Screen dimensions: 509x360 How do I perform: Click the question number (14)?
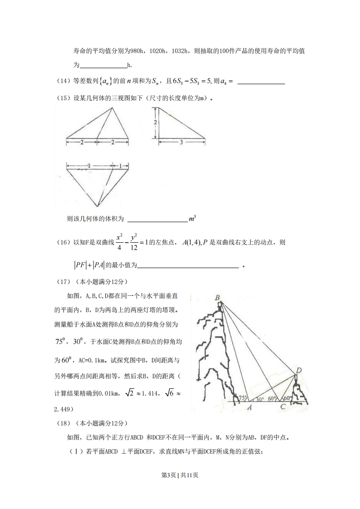(x=63, y=81)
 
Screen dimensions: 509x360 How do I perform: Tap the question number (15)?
(x=63, y=98)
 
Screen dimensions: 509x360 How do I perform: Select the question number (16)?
(x=63, y=243)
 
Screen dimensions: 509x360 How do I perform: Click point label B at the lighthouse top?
(x=218, y=298)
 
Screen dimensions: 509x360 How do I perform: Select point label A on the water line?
(x=249, y=407)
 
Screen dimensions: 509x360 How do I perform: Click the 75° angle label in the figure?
(x=242, y=398)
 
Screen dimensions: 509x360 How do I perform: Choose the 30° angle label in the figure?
(x=259, y=399)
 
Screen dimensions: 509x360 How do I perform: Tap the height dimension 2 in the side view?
(x=155, y=122)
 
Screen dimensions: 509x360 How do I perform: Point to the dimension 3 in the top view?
(x=89, y=166)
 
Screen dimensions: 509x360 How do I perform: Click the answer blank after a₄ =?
(x=261, y=82)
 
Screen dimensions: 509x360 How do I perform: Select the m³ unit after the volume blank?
(x=192, y=219)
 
